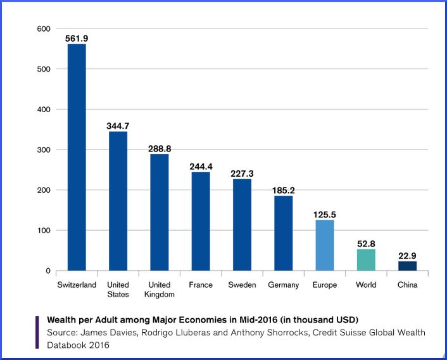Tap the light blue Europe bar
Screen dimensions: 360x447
coord(324,245)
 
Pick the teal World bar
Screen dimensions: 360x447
coord(366,260)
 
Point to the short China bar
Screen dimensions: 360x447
coord(407,266)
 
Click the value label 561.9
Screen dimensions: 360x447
coord(77,39)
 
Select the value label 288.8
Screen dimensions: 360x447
coord(160,149)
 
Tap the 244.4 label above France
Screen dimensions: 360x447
coord(201,167)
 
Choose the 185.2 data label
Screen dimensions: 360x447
coord(283,190)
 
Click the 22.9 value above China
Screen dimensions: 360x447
coord(407,256)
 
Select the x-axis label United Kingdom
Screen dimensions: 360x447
coord(160,290)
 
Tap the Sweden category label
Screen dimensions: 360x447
coord(242,285)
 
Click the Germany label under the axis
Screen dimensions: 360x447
coord(283,285)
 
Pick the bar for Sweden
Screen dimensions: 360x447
coord(242,225)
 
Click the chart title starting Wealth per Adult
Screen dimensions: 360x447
coord(203,319)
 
